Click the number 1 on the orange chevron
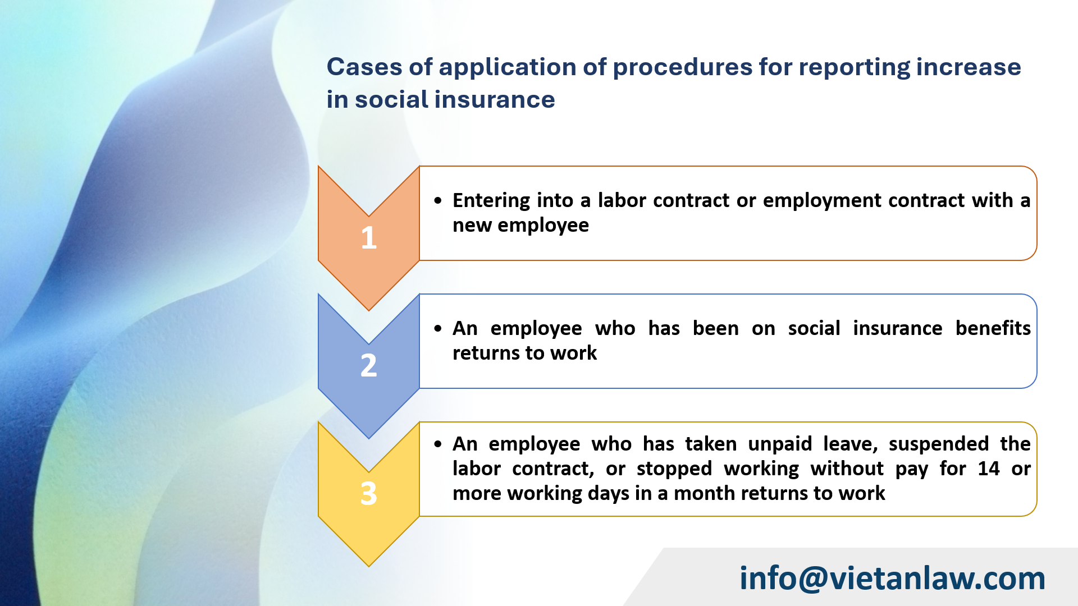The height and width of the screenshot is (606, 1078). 368,237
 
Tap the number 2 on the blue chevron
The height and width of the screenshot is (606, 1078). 368,365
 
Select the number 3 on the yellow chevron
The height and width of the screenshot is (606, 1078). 368,493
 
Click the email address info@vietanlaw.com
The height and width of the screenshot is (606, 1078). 892,578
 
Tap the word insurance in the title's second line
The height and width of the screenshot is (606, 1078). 495,99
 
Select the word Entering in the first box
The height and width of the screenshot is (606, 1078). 491,200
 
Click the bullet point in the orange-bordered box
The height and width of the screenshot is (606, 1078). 438,201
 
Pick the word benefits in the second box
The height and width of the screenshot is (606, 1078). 993,328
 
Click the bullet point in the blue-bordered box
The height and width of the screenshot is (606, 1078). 438,329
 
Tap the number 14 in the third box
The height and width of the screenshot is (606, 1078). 988,469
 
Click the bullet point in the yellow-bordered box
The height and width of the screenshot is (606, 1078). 438,444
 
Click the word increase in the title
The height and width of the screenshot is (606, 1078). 969,67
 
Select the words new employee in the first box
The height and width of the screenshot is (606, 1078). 520,225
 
